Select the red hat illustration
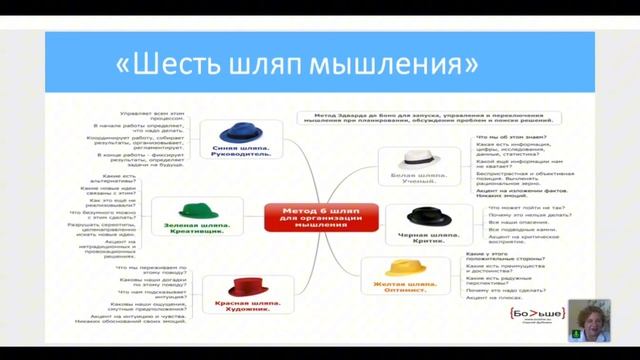[x=245, y=287]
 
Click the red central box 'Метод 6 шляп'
[x=321, y=216]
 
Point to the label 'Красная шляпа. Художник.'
[x=245, y=308]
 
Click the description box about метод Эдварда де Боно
[x=435, y=119]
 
